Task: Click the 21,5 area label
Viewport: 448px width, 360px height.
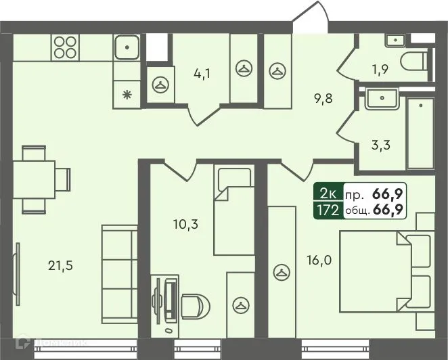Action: [61, 265]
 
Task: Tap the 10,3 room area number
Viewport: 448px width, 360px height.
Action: [185, 223]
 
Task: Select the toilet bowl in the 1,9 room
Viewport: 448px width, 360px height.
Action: [413, 62]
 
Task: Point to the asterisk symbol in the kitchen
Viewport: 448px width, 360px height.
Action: [126, 94]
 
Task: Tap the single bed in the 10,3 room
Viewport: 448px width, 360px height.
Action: [233, 210]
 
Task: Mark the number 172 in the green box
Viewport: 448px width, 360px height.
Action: [328, 210]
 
